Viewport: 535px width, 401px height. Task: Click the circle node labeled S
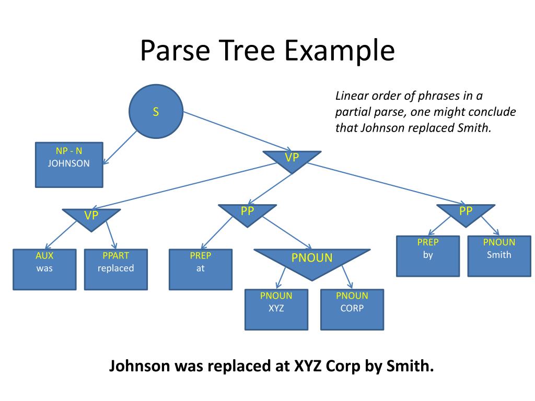click(x=156, y=111)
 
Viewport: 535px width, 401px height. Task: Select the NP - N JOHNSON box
click(x=69, y=164)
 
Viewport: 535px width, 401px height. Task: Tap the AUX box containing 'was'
click(x=44, y=269)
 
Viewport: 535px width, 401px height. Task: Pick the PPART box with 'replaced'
click(x=115, y=269)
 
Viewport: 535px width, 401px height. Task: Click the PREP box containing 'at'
click(x=200, y=269)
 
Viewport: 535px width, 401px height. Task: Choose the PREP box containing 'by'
click(x=428, y=256)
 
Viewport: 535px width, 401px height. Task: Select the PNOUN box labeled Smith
click(x=499, y=256)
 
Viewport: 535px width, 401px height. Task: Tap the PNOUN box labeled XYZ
click(x=276, y=309)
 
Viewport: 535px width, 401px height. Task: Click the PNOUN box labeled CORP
click(x=352, y=309)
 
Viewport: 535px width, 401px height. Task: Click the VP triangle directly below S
click(x=292, y=158)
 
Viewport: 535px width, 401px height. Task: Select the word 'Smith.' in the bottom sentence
click(x=410, y=366)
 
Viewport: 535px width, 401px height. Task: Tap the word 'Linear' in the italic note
click(x=353, y=96)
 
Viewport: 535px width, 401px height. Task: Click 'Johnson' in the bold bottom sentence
click(x=139, y=366)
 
